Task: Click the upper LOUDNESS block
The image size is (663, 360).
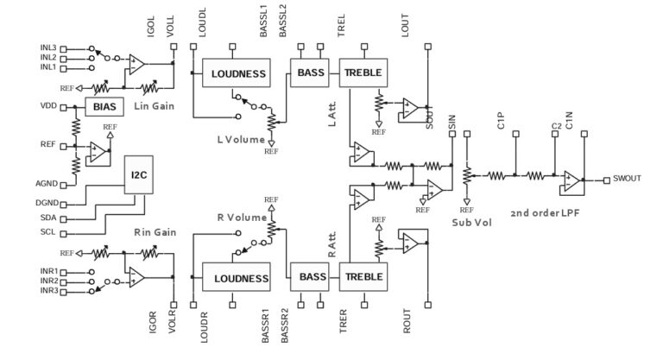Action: tap(235, 73)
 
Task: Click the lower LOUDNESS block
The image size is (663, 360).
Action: tap(235, 278)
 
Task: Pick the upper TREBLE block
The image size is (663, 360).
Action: tap(362, 73)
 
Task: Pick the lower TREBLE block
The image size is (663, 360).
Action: tap(362, 278)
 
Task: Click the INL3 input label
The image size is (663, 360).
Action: tap(48, 47)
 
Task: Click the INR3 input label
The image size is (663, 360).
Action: tap(48, 292)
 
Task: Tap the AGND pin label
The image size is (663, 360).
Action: tap(47, 185)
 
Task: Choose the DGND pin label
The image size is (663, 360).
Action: tap(47, 203)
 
